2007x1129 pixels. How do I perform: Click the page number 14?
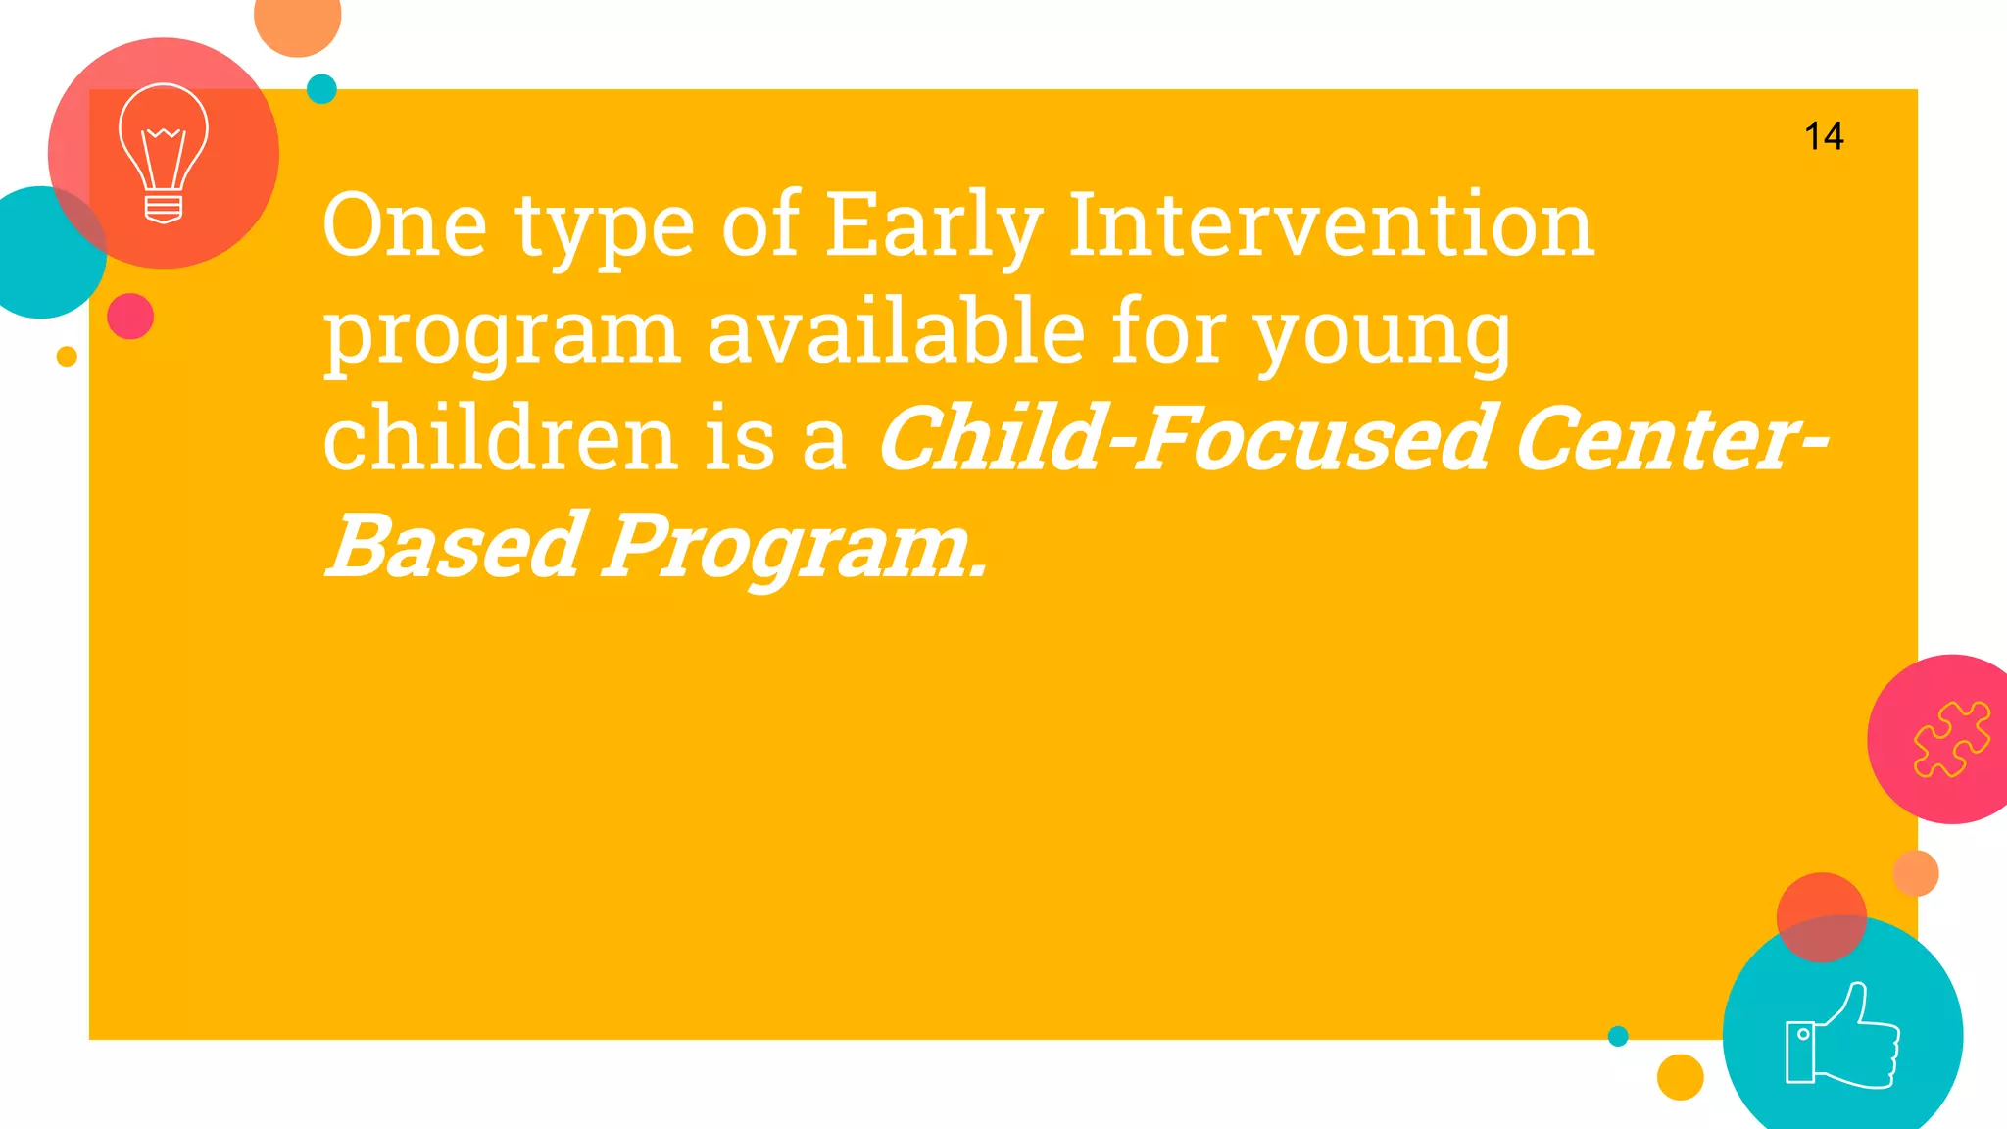click(x=1824, y=136)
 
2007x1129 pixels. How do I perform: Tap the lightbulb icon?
click(x=164, y=153)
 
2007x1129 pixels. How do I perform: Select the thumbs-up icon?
click(x=1842, y=1037)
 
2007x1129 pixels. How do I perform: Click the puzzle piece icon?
click(x=1951, y=739)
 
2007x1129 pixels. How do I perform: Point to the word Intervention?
click(x=1331, y=226)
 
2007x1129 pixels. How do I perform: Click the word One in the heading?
click(x=404, y=226)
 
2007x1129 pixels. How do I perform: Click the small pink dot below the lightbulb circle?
click(x=130, y=317)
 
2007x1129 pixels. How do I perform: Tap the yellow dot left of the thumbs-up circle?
click(x=1680, y=1077)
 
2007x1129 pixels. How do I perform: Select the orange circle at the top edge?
click(x=297, y=20)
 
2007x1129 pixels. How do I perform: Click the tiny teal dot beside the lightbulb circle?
click(x=321, y=89)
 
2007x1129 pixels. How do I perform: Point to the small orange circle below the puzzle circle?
click(x=1916, y=873)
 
